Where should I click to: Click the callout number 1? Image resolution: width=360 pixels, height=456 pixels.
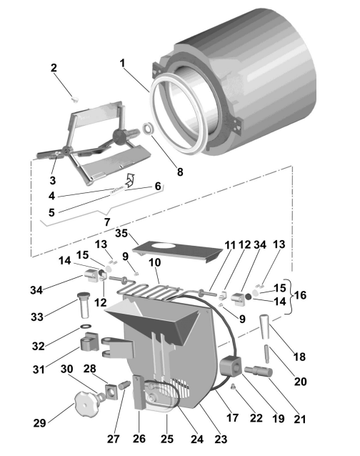122,63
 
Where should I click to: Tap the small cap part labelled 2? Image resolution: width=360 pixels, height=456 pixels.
75,99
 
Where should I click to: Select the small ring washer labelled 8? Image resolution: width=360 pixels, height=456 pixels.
148,128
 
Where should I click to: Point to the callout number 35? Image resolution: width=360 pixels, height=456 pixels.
121,233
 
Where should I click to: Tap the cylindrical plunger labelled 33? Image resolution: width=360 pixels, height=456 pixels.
84,305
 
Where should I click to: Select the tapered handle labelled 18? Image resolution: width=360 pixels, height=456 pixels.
265,327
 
